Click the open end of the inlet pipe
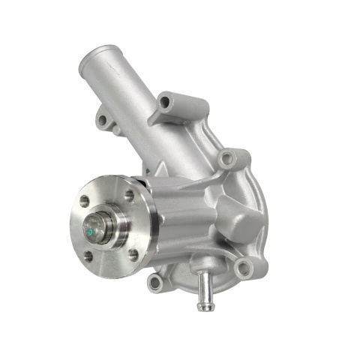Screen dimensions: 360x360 coord(96,57)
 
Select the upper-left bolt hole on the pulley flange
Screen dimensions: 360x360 coord(85,201)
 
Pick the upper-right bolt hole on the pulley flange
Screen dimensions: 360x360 coord(129,195)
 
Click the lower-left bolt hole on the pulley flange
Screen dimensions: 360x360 coord(88,256)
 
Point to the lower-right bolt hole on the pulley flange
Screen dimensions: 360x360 coord(133,253)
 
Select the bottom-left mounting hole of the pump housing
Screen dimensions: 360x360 coord(154,283)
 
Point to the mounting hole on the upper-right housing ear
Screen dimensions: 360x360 coord(226,159)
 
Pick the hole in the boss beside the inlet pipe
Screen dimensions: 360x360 coord(165,101)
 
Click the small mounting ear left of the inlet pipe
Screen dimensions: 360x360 coord(103,118)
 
